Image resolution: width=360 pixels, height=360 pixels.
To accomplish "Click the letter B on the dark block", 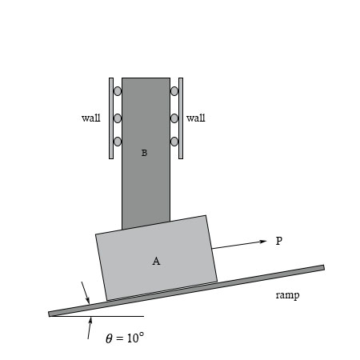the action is (x=144, y=153).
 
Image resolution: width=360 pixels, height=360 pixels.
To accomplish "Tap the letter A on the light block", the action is (x=156, y=261).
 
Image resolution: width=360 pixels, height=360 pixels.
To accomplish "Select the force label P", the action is (x=279, y=241).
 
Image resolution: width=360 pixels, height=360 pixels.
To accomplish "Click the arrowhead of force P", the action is (x=263, y=242).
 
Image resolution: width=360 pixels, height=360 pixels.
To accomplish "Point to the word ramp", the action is (x=287, y=295).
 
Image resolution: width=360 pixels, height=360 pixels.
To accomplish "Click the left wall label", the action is (x=91, y=118).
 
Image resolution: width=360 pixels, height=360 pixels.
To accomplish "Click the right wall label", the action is (x=196, y=118).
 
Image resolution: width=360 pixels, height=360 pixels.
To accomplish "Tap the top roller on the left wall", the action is (x=118, y=91).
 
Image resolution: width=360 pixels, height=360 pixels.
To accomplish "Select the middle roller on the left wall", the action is (x=118, y=118).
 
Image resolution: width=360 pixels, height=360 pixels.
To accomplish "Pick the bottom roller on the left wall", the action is (x=118, y=142).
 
